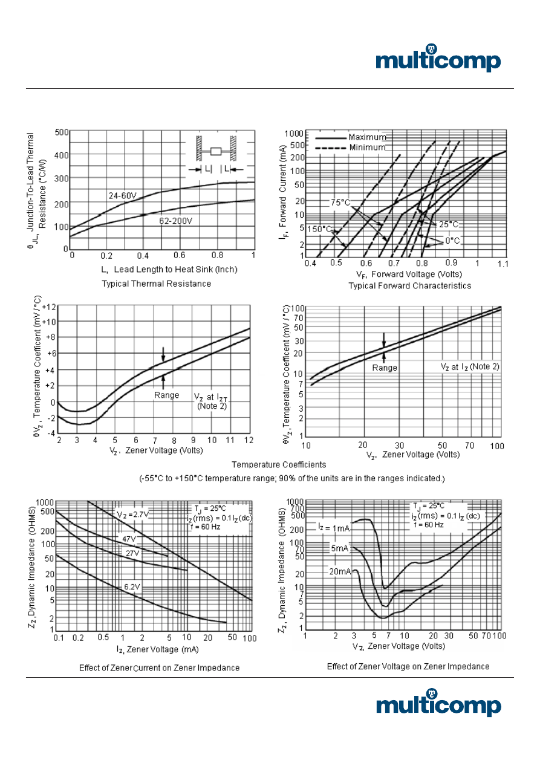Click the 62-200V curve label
175,221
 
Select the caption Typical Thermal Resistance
156,284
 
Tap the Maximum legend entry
366,137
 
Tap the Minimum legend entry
366,148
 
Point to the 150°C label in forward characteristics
320,229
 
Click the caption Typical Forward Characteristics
409,285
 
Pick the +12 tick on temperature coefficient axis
48,307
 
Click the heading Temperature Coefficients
279,465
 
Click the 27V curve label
132,553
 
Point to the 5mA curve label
340,548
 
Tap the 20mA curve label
339,571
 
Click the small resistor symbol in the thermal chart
215,151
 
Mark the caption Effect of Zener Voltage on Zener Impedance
408,666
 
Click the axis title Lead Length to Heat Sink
163,270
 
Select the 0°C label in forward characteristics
452,241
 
